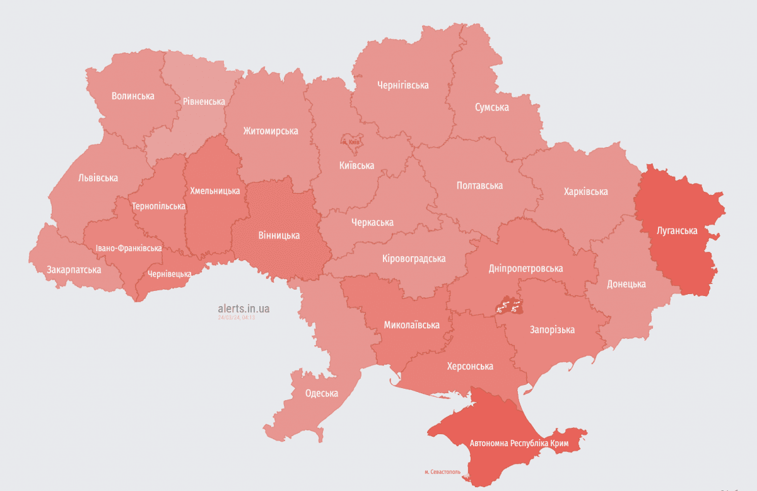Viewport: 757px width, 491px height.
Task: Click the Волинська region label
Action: pyautogui.click(x=132, y=96)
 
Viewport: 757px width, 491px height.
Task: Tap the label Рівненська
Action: pyautogui.click(x=204, y=101)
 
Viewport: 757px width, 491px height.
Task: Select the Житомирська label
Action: pyautogui.click(x=271, y=131)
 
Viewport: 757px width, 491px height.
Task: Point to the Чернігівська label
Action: pyautogui.click(x=402, y=85)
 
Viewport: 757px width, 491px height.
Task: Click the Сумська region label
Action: pyautogui.click(x=491, y=107)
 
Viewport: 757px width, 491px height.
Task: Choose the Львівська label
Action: pyautogui.click(x=98, y=178)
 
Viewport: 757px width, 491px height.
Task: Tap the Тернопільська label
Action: pyautogui.click(x=158, y=206)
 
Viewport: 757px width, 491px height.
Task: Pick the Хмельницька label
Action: pyautogui.click(x=214, y=190)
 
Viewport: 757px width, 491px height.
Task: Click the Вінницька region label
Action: pyautogui.click(x=279, y=235)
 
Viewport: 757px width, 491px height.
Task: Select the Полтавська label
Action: pyautogui.click(x=479, y=186)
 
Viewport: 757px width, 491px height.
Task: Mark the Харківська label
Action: pyautogui.click(x=585, y=191)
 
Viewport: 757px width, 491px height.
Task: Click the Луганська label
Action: pyautogui.click(x=677, y=231)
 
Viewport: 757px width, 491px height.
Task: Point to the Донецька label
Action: pyautogui.click(x=626, y=284)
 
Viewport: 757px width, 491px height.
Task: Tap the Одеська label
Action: pyautogui.click(x=321, y=393)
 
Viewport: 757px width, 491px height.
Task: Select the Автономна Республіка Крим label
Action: pyautogui.click(x=519, y=444)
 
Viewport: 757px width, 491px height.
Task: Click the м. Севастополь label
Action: pyautogui.click(x=442, y=471)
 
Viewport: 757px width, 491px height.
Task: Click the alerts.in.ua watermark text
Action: pyautogui.click(x=244, y=309)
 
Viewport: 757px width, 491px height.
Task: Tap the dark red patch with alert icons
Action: pyautogui.click(x=508, y=307)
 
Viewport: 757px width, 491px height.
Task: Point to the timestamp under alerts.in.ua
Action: pyautogui.click(x=236, y=317)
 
